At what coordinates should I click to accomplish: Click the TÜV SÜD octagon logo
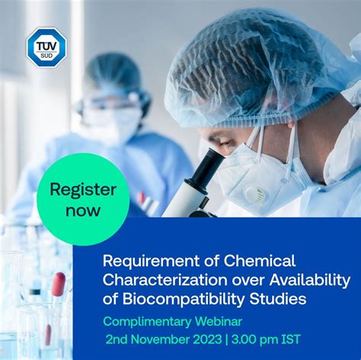(x=46, y=47)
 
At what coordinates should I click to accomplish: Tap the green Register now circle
(x=83, y=199)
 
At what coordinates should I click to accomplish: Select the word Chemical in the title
(x=260, y=260)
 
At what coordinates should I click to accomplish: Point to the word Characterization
(x=165, y=279)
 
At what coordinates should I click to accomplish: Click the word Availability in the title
(x=310, y=281)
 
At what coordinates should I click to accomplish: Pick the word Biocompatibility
(x=183, y=300)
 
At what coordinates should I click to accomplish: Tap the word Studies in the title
(x=278, y=298)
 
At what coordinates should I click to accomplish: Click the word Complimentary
(x=147, y=322)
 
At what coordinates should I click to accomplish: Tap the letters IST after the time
(x=291, y=339)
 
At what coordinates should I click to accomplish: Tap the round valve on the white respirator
(x=256, y=195)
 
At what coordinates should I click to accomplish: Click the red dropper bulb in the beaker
(x=58, y=284)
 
